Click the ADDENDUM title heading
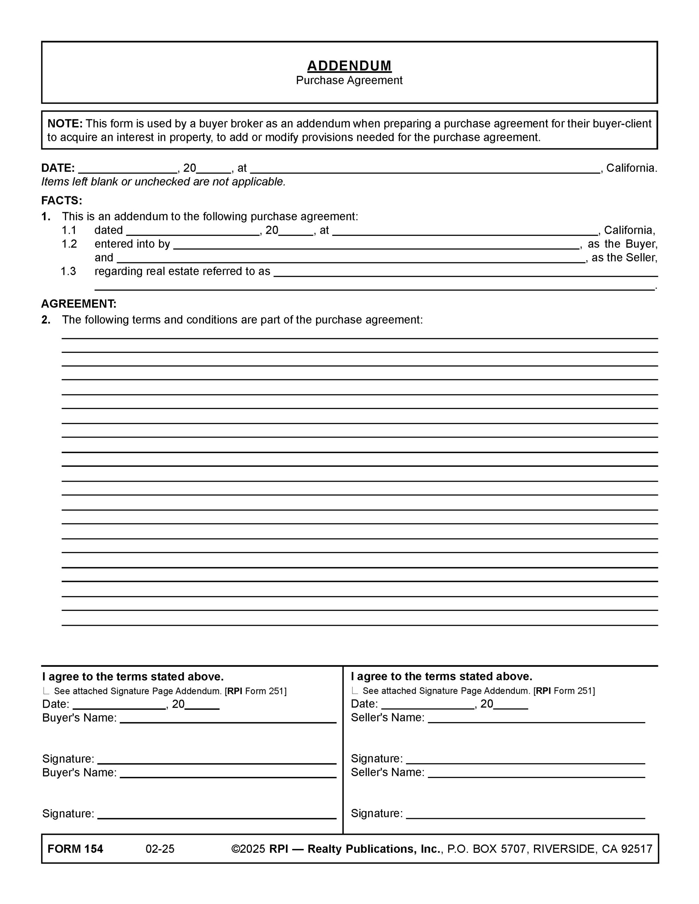349,66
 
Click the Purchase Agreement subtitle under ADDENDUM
349,80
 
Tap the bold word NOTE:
65,124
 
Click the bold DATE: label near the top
58,168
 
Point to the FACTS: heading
61,201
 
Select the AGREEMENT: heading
79,304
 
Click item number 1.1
69,231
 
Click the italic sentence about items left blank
163,182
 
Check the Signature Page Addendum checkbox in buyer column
46,691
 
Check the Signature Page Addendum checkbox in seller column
355,690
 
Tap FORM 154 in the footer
75,849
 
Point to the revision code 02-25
160,849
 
